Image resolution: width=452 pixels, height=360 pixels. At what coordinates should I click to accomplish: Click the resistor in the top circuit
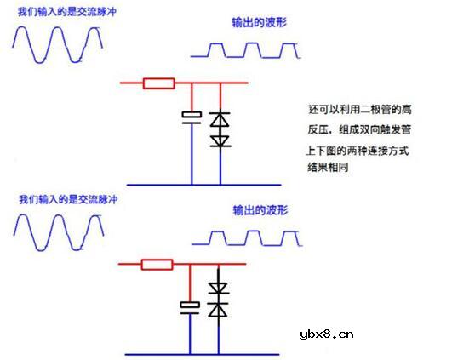tap(159, 83)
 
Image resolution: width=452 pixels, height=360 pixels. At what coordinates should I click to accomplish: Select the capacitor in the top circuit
tap(191, 116)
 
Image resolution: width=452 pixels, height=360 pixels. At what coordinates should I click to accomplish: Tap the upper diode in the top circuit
tap(220, 120)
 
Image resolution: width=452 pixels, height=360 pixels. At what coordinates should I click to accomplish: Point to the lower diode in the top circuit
tap(220, 140)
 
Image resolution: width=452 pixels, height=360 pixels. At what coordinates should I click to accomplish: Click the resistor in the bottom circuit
tap(157, 264)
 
